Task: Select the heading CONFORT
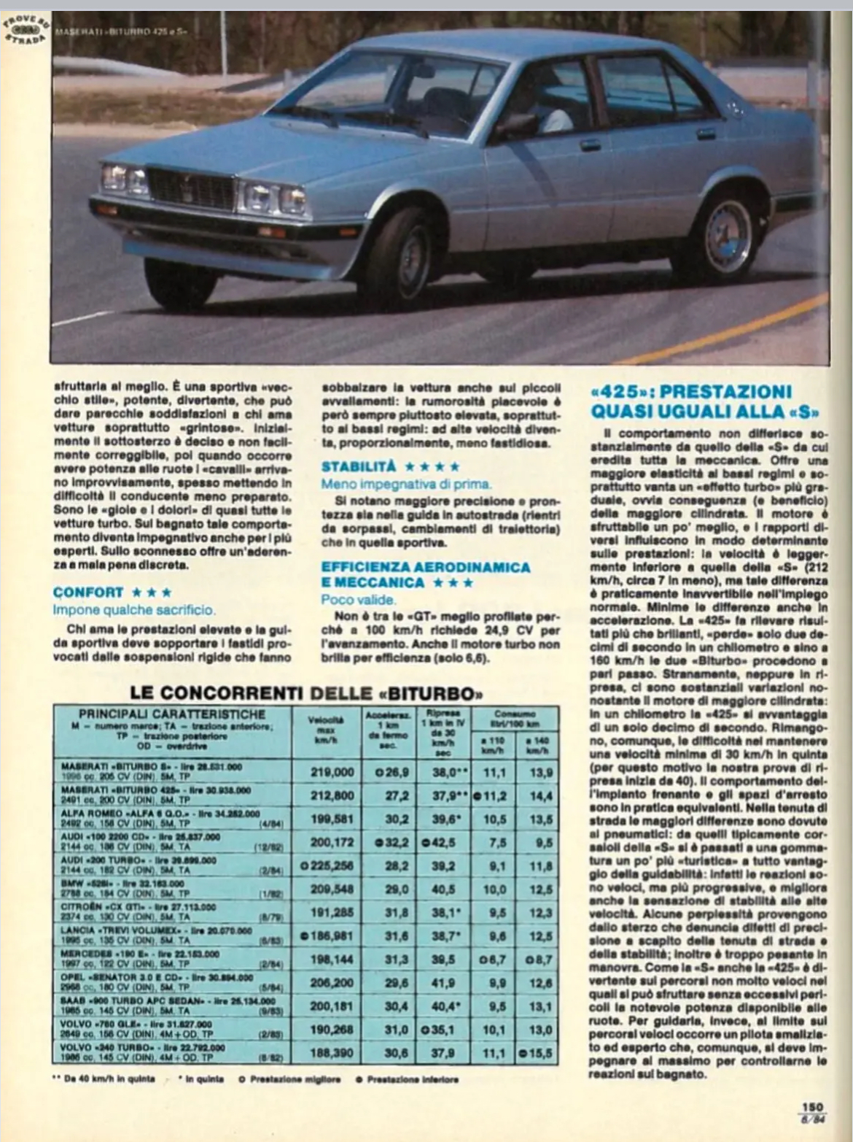88,592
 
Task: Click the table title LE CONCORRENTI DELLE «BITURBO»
307,692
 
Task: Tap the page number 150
812,1107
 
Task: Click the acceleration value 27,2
396,795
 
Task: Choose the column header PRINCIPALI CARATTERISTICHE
172,714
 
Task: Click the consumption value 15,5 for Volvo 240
540,1053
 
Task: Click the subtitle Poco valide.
359,600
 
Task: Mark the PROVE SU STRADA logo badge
24,27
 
